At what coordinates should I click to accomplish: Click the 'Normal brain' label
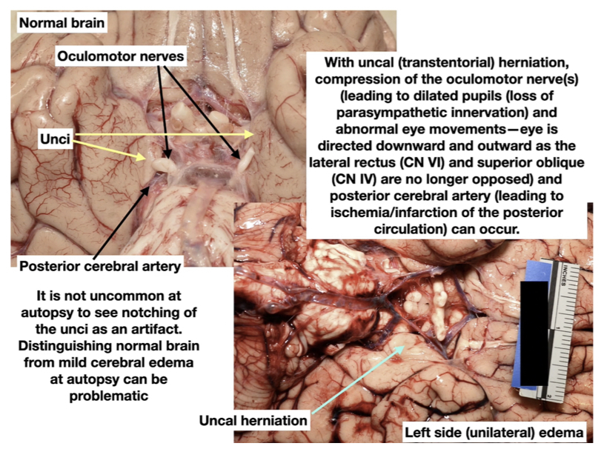click(x=62, y=23)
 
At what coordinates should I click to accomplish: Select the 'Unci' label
click(x=56, y=137)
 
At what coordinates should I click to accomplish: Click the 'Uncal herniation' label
click(x=253, y=420)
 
